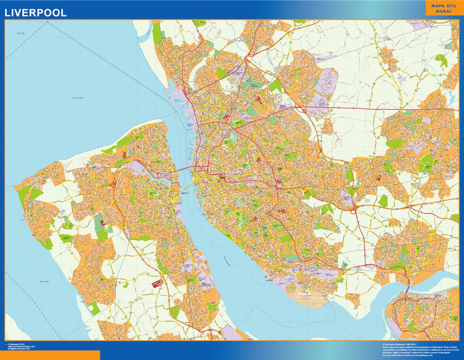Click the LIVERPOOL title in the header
click(x=36, y=13)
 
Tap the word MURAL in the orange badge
click(x=444, y=11)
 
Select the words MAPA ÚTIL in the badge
click(x=444, y=6)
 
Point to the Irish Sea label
click(x=20, y=33)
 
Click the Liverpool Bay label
click(x=78, y=97)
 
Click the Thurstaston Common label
click(x=66, y=237)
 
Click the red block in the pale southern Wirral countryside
click(x=157, y=283)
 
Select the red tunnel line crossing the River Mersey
click(x=186, y=169)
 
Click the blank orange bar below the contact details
click(x=50, y=355)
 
